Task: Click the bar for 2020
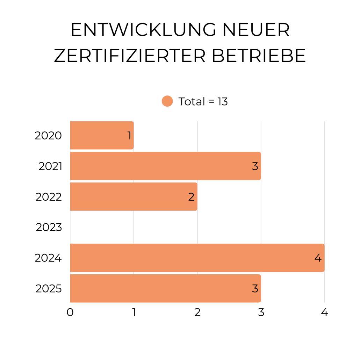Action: click(101, 135)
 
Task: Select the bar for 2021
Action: click(165, 166)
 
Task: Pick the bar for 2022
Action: click(133, 196)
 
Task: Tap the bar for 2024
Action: click(197, 258)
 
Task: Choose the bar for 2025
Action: click(165, 288)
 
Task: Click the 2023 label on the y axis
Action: click(49, 228)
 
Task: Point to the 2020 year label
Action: click(48, 136)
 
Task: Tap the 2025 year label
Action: click(49, 289)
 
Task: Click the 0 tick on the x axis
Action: click(70, 312)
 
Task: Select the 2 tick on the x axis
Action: click(197, 312)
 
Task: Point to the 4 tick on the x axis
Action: click(325, 312)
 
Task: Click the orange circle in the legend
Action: click(167, 101)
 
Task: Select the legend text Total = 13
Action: click(203, 101)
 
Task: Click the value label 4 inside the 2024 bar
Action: click(318, 258)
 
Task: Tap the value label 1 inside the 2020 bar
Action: click(129, 136)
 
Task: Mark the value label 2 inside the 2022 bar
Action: click(191, 197)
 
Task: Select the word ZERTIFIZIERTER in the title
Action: click(130, 56)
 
